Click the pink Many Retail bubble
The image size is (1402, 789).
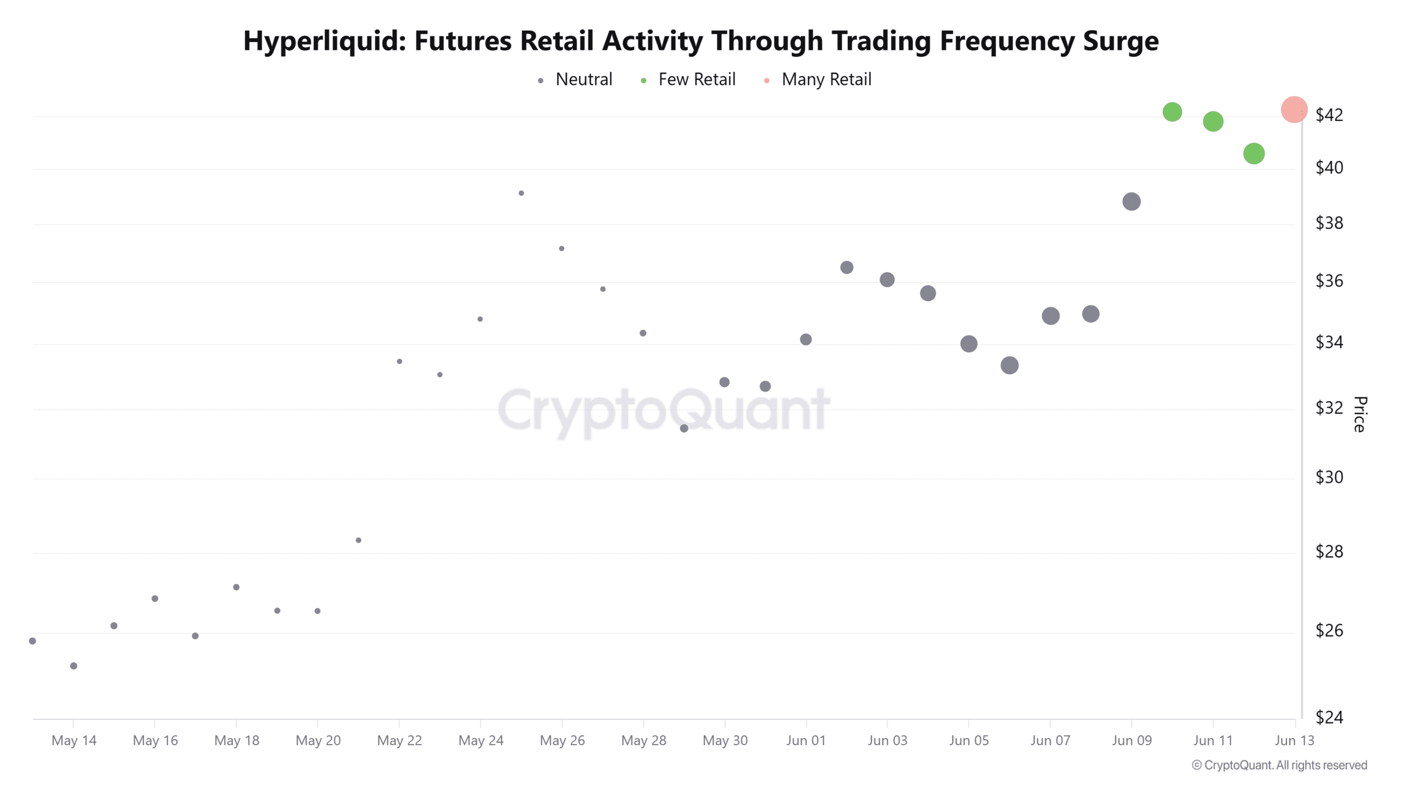click(1294, 110)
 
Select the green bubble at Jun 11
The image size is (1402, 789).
click(1213, 121)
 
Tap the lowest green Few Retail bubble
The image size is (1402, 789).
click(1254, 153)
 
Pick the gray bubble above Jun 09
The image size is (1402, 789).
click(1131, 202)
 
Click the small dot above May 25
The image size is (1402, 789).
click(521, 193)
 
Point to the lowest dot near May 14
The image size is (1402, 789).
click(73, 666)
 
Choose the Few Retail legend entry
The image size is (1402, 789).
click(688, 79)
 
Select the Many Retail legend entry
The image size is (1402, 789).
click(817, 79)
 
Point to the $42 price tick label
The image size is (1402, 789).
click(1329, 115)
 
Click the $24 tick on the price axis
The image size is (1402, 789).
click(1329, 717)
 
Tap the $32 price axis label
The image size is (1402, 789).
click(1329, 408)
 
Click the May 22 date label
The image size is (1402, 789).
click(399, 740)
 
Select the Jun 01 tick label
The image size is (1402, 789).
click(806, 740)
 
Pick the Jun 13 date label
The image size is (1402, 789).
click(1294, 740)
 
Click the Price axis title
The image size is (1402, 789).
click(1360, 414)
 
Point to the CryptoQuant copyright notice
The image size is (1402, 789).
click(1279, 765)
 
